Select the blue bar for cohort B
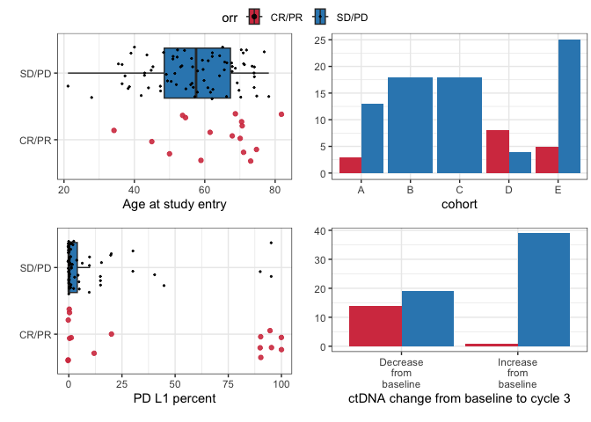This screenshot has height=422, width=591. coord(410,125)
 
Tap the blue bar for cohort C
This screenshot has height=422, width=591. coord(459,125)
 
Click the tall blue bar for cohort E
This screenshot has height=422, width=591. coord(569,106)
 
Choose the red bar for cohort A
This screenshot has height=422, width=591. coord(350,165)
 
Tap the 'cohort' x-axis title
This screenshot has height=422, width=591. coord(459,206)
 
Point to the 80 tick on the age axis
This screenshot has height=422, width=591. coord(274,189)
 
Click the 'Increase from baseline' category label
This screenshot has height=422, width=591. coord(517,373)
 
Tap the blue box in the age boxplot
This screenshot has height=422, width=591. coord(197,73)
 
